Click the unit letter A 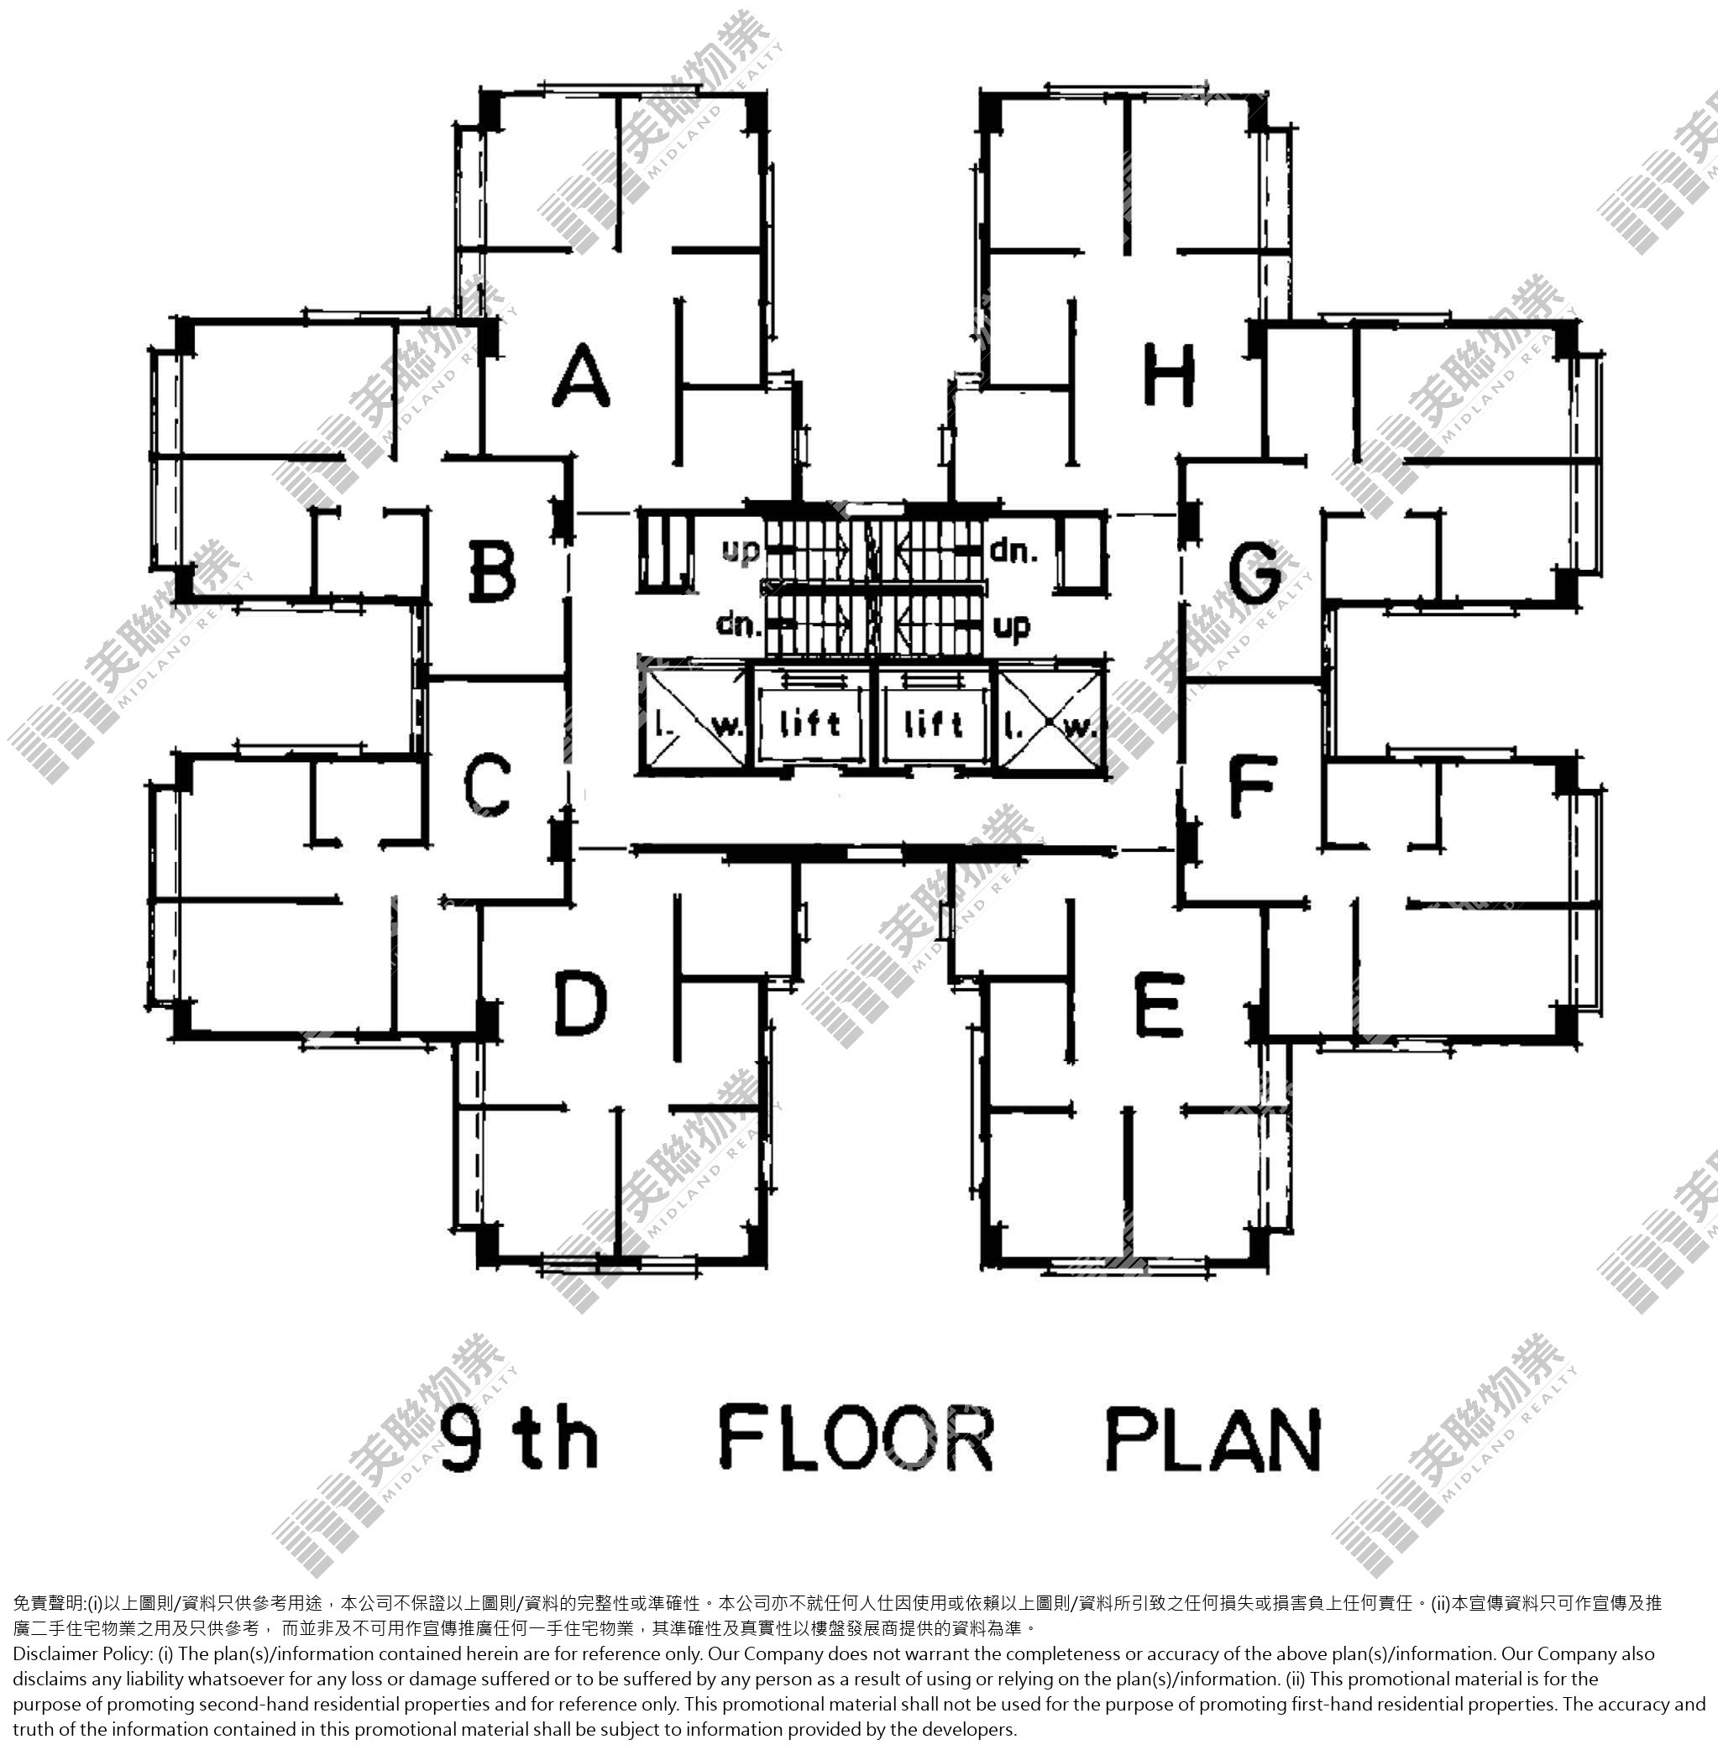pyautogui.click(x=582, y=375)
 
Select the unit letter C pyautogui.click(x=487, y=785)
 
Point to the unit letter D pyautogui.click(x=579, y=1002)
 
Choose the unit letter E pyautogui.click(x=1158, y=1004)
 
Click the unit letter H pyautogui.click(x=1169, y=374)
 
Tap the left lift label pyautogui.click(x=809, y=723)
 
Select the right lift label pyautogui.click(x=934, y=723)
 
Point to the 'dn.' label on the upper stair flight pyautogui.click(x=1014, y=550)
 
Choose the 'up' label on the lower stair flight pyautogui.click(x=1012, y=627)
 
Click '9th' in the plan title pyautogui.click(x=520, y=1438)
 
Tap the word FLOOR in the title pyautogui.click(x=856, y=1437)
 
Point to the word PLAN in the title pyautogui.click(x=1213, y=1438)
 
